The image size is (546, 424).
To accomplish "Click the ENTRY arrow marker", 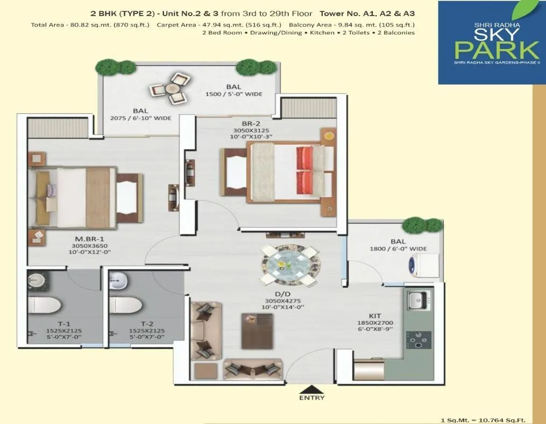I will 312,388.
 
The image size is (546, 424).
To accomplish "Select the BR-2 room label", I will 246,123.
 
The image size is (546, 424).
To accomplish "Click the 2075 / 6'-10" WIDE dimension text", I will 140,118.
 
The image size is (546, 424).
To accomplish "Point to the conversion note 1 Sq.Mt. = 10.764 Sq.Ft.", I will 483,420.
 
